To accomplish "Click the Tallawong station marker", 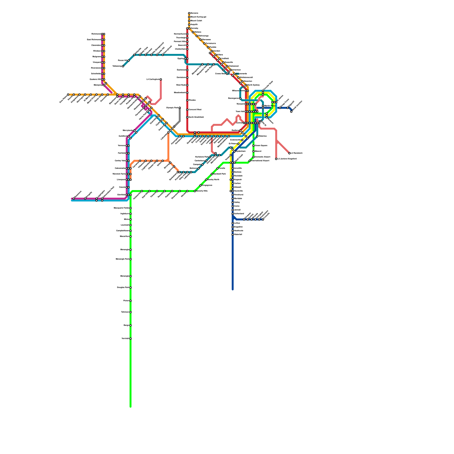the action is pyautogui.click(x=123, y=66).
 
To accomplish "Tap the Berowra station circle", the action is pyautogui.click(x=189, y=13).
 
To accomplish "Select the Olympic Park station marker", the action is pyautogui.click(x=180, y=108).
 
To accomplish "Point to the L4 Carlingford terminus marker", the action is pyautogui.click(x=161, y=79).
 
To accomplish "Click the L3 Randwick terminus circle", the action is pyautogui.click(x=289, y=153).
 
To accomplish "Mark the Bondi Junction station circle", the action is pyautogui.click(x=291, y=112).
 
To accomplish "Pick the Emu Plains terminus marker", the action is pyautogui.click(x=68, y=94).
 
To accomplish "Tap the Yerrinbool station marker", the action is pyautogui.click(x=131, y=339).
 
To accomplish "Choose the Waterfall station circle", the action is pyautogui.click(x=233, y=235).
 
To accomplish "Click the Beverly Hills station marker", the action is pyautogui.click(x=195, y=191).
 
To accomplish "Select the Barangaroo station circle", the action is pyautogui.click(x=240, y=98).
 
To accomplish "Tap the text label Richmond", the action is pyautogui.click(x=96, y=34).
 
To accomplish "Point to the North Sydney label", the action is pyautogui.click(x=253, y=85).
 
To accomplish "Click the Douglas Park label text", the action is pyautogui.click(x=123, y=287).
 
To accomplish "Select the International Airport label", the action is pyautogui.click(x=260, y=161).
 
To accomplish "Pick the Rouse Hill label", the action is pyautogui.click(x=123, y=60).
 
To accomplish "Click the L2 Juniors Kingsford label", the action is pyautogui.click(x=287, y=159).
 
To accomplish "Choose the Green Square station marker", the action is pyautogui.click(x=253, y=146).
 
